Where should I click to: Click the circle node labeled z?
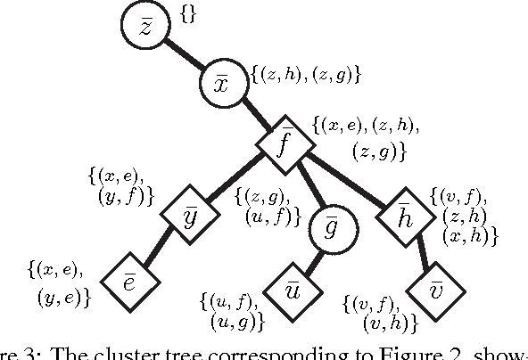(x=151, y=29)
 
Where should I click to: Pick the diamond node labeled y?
(x=190, y=216)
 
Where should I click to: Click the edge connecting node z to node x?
(x=188, y=58)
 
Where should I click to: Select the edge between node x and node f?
(x=254, y=115)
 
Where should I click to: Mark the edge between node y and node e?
(x=160, y=249)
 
